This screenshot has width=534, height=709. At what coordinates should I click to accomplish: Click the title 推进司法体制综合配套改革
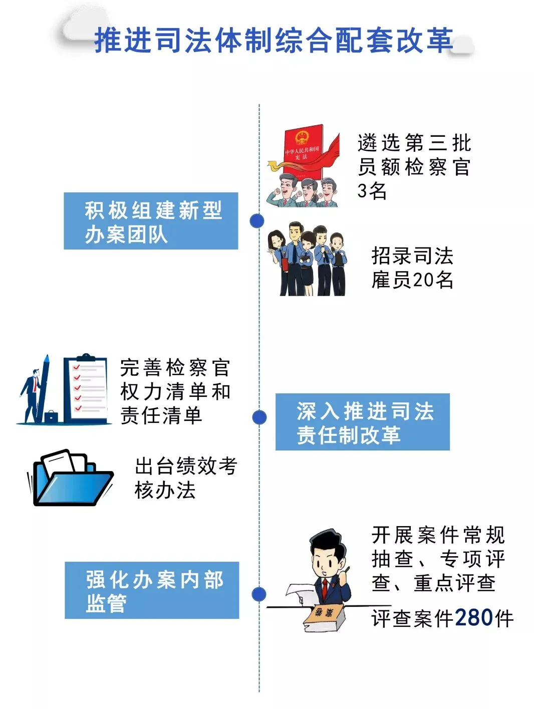coord(273,40)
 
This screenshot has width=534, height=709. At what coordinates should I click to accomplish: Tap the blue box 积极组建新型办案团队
coord(151,221)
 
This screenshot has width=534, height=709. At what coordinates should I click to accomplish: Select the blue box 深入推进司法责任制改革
coord(362,422)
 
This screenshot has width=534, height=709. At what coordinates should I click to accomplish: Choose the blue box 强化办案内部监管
coord(152,590)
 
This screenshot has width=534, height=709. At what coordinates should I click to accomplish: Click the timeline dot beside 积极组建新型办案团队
coord(257,221)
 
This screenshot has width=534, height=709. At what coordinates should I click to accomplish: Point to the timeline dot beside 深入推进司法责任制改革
coord(259,417)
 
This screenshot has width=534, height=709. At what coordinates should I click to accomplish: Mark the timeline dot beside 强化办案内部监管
coord(259,594)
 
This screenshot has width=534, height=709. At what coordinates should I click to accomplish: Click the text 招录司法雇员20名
coord(412,268)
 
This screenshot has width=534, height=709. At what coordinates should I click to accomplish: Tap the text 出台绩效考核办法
coord(185,478)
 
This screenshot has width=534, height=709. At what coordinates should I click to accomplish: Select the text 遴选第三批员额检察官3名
coord(414,166)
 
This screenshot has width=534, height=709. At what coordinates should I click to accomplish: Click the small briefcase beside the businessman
coord(51,416)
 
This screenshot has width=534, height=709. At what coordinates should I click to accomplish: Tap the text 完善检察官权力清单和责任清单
coord(175,391)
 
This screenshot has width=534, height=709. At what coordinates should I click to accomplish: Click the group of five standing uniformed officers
coord(307,260)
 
